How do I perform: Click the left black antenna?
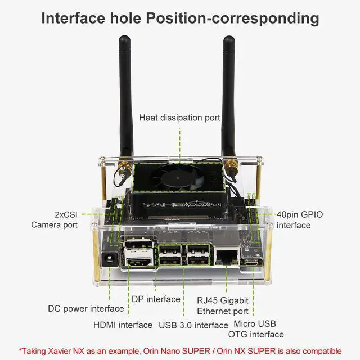coord(125,96)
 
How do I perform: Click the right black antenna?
coord(229,96)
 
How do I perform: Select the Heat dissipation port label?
coord(179,118)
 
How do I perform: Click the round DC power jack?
coord(110,259)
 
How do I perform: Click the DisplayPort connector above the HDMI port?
coord(139,244)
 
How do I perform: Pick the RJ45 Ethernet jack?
coord(227,256)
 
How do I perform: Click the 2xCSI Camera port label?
coord(55,219)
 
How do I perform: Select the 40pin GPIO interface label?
coord(300,220)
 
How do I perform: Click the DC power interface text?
coord(86,309)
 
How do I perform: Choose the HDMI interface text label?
coord(123,325)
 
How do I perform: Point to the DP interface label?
coord(156,299)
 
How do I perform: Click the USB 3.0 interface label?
coord(193,325)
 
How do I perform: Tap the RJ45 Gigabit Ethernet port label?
coord(223,305)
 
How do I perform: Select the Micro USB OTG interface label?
coord(256,329)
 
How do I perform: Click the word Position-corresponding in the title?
coord(232,18)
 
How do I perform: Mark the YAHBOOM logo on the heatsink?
coord(181,205)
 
